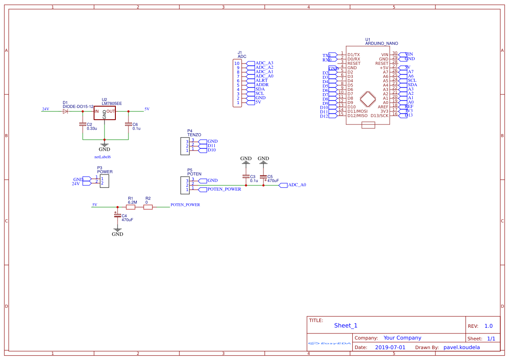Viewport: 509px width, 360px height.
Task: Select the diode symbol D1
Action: (65, 111)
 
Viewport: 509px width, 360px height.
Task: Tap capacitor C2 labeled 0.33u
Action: (83, 124)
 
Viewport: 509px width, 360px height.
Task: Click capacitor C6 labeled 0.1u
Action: (128, 124)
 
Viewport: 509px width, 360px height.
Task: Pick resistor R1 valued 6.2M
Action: (131, 207)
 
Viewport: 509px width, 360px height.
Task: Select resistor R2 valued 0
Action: (148, 207)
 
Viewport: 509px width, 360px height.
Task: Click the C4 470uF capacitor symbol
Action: (117, 215)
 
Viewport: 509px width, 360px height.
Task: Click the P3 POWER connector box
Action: (104, 181)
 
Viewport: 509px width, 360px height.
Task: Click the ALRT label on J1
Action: (262, 81)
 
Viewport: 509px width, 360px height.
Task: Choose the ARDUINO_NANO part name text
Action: (381, 44)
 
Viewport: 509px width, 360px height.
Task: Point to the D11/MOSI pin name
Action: (357, 111)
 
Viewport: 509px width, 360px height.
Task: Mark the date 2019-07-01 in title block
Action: (390, 347)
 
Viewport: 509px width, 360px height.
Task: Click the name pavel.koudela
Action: (462, 347)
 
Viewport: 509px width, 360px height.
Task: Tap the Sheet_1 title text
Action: (346, 326)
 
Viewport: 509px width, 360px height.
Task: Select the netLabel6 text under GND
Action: (103, 157)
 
